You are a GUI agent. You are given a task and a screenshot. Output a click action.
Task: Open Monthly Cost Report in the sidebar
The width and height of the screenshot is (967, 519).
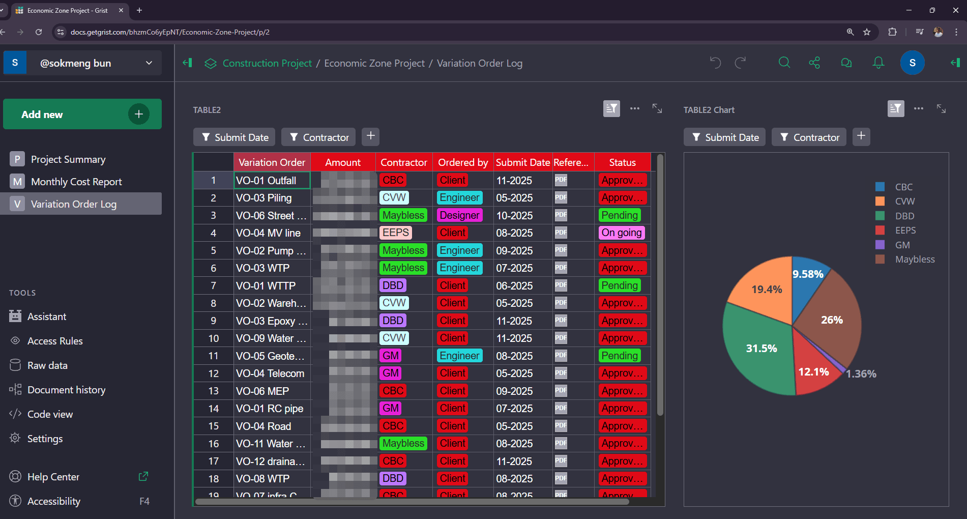(76, 182)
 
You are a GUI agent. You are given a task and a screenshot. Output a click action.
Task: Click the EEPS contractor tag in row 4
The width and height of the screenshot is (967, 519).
(395, 233)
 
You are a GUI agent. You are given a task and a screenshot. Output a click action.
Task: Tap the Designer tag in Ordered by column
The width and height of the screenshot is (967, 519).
(459, 215)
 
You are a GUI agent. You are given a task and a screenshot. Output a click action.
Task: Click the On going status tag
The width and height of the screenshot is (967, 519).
(621, 233)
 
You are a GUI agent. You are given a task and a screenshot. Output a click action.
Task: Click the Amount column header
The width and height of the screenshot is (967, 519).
(343, 162)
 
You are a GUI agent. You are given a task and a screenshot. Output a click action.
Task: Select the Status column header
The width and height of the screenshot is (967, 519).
(622, 162)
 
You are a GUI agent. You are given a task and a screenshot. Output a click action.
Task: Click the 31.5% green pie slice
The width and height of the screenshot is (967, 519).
(758, 351)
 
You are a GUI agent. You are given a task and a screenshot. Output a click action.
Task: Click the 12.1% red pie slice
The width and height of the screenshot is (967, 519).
(814, 369)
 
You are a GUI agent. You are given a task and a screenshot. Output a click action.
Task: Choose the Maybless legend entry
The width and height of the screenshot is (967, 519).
(914, 259)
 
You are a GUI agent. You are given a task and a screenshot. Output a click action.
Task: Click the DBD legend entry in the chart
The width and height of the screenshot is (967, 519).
(904, 216)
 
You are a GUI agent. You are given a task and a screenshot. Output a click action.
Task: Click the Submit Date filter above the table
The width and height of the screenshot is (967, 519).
(235, 137)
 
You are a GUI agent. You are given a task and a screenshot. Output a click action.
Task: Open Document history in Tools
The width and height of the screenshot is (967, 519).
(66, 390)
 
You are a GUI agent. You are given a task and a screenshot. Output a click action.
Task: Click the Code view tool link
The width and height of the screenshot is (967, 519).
(50, 414)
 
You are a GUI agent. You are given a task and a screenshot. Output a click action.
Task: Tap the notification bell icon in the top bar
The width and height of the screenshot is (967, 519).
(878, 63)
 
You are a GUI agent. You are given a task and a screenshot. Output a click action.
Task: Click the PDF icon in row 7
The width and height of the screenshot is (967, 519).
(561, 285)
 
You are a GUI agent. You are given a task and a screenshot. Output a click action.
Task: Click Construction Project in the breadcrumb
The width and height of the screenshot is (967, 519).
(267, 63)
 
